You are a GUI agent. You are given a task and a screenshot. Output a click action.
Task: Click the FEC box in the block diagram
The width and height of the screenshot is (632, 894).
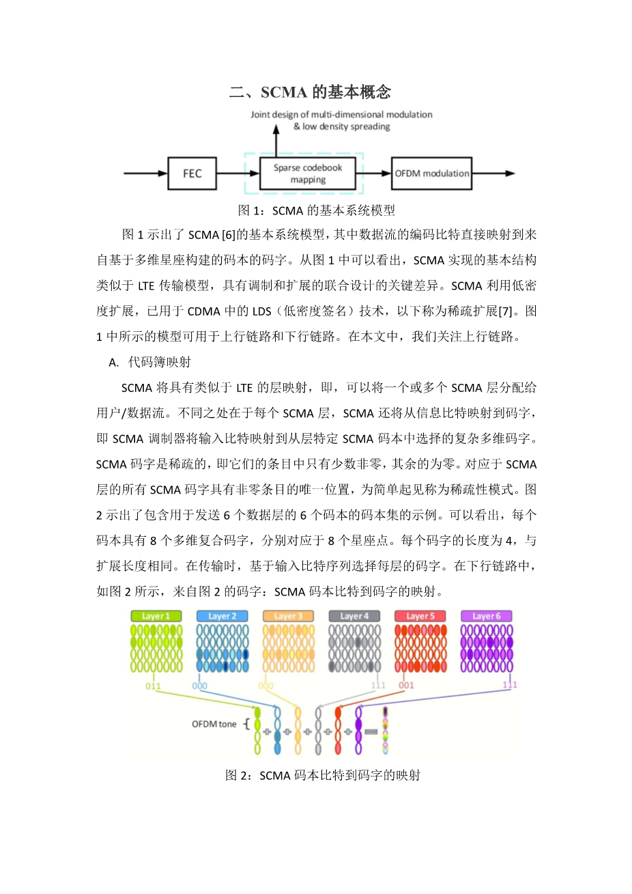[x=192, y=173]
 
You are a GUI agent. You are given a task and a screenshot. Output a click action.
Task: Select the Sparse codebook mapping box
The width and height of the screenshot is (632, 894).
[x=308, y=173]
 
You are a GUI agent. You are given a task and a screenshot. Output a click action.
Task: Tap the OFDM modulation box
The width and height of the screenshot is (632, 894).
[x=431, y=173]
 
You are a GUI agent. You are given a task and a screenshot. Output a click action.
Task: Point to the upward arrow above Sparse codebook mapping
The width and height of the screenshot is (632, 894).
[x=276, y=141]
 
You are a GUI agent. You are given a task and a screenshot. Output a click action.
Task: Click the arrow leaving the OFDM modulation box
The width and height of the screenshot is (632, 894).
[x=493, y=173]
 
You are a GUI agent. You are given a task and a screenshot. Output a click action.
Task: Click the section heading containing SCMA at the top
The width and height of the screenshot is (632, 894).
[x=310, y=92]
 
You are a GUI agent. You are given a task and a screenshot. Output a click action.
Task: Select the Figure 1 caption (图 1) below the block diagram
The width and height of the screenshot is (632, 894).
[x=316, y=210]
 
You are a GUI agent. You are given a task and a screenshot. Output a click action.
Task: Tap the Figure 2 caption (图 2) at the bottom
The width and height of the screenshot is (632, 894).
[x=322, y=775]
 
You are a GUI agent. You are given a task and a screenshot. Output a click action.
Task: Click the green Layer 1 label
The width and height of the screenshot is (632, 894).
[x=156, y=616]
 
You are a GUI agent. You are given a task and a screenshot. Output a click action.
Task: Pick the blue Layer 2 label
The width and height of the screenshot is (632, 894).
[x=222, y=616]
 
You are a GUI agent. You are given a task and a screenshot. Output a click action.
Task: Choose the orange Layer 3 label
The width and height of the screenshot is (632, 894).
[x=289, y=616]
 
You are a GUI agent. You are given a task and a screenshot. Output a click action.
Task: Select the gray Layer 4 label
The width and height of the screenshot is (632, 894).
[x=355, y=616]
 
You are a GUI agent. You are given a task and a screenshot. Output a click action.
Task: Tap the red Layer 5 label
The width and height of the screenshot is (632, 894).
[x=420, y=616]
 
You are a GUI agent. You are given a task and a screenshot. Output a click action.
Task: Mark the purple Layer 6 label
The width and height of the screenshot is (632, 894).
[x=487, y=616]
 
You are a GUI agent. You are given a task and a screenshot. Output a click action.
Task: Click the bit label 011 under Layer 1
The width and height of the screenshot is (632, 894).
[x=153, y=686]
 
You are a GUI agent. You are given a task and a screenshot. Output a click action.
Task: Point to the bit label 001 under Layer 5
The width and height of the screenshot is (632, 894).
[x=406, y=685]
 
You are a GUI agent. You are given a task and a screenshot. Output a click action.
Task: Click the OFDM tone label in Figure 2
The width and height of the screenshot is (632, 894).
[x=214, y=724]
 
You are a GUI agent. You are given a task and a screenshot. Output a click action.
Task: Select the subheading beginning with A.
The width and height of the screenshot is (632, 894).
[x=150, y=362]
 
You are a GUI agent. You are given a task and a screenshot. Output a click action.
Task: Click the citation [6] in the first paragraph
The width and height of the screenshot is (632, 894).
[x=229, y=235]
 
